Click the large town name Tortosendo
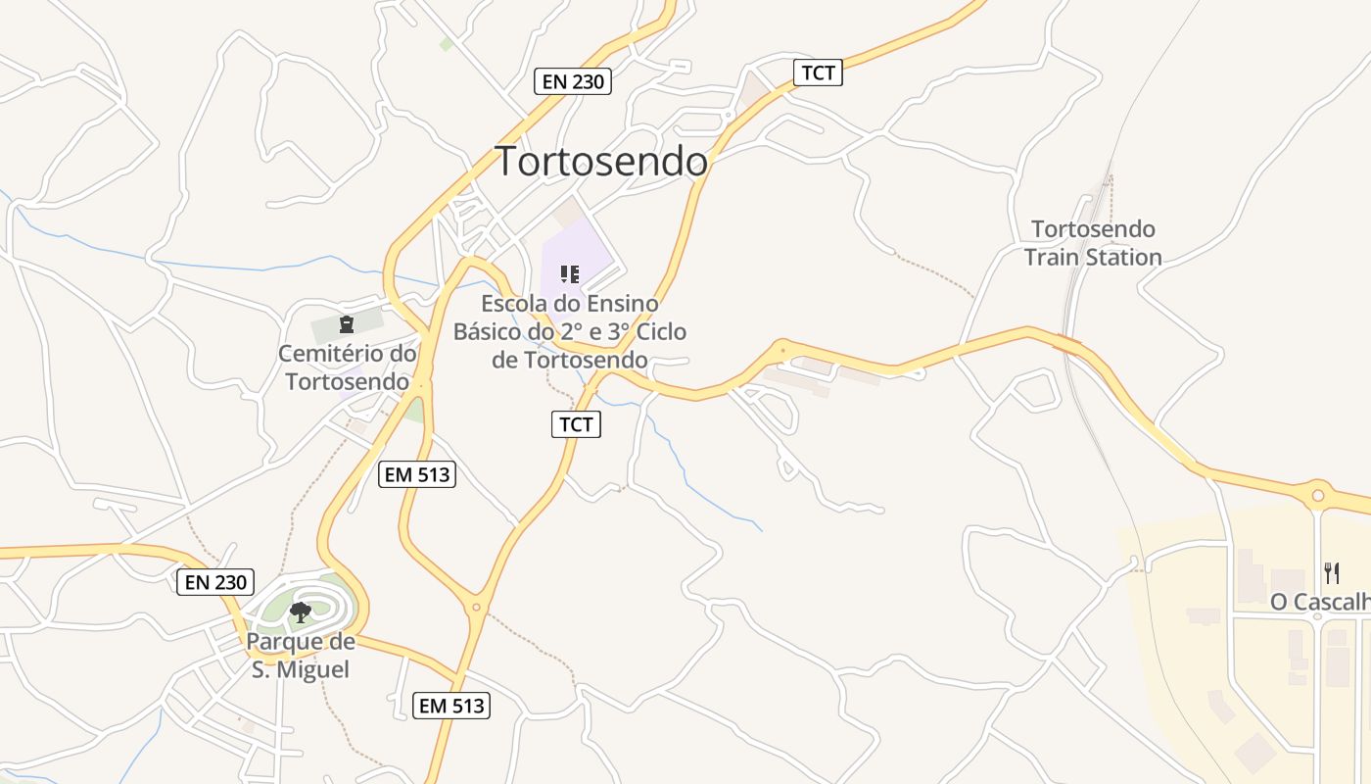(x=601, y=162)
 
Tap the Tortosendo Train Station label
(x=1093, y=243)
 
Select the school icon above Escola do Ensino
(x=569, y=273)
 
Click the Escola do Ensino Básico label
(x=570, y=331)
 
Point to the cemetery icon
(x=345, y=323)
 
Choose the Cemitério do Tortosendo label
(x=347, y=367)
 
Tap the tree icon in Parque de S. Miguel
(x=301, y=612)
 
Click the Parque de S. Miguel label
(x=300, y=656)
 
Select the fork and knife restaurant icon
(x=1331, y=571)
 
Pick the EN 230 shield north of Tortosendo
(x=573, y=81)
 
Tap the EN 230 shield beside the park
(x=215, y=581)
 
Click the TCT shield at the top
(x=818, y=72)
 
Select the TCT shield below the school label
(x=576, y=423)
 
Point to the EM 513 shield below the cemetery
(x=417, y=474)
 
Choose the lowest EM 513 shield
(x=450, y=705)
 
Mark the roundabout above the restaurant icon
(x=1318, y=496)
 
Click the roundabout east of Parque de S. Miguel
(x=477, y=608)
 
